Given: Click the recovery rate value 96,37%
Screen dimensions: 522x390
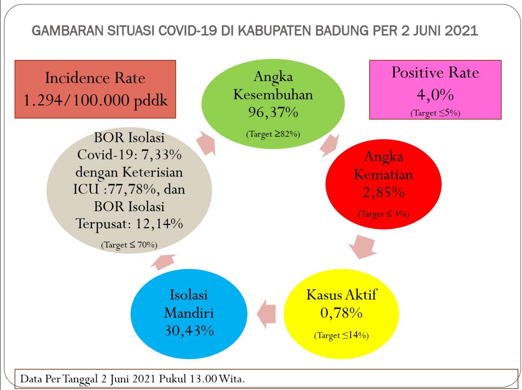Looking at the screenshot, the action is (273, 112).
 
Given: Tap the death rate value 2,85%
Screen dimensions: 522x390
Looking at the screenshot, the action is (384, 192).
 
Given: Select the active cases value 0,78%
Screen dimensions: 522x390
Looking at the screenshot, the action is (341, 313).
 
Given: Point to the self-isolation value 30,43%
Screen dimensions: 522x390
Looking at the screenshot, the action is (189, 331).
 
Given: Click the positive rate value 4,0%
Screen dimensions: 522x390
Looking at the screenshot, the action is (435, 95).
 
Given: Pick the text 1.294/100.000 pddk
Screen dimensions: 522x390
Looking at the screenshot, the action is (95, 100).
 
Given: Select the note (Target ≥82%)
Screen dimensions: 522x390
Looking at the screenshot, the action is (273, 134).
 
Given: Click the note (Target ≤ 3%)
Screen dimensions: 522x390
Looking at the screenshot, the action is (383, 214).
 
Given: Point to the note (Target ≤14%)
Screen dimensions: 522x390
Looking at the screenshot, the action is (341, 335).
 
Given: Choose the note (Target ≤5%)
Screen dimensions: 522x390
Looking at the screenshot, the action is (435, 113).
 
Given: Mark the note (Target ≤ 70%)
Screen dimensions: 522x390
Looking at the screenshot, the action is (129, 245).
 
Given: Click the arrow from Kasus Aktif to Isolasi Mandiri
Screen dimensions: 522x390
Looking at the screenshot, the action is (266, 314).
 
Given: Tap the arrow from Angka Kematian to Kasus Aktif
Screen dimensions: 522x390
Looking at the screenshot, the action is (362, 247).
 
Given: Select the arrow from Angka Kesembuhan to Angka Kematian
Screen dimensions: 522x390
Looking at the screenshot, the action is (330, 145).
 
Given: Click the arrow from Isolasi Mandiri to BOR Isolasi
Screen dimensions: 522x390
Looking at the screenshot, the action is (163, 262).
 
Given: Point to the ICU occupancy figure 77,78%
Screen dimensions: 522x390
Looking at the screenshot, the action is (134, 189).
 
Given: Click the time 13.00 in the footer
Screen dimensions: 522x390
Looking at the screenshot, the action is (203, 379).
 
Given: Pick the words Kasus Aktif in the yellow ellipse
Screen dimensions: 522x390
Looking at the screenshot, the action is (341, 295).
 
